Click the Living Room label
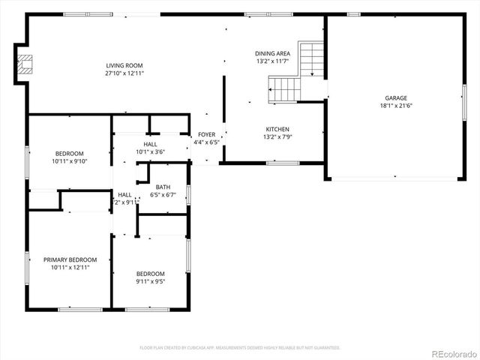[124, 66]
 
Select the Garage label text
[396, 97]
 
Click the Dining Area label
[272, 53]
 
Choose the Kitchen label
[276, 129]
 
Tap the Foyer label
[206, 134]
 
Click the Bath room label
[163, 187]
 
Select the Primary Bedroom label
[71, 259]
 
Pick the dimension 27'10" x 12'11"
[124, 73]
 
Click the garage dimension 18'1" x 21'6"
[396, 105]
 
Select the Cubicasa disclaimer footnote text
[240, 347]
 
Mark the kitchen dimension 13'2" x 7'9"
[276, 136]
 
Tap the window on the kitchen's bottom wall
[283, 162]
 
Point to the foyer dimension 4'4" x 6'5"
[206, 142]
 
